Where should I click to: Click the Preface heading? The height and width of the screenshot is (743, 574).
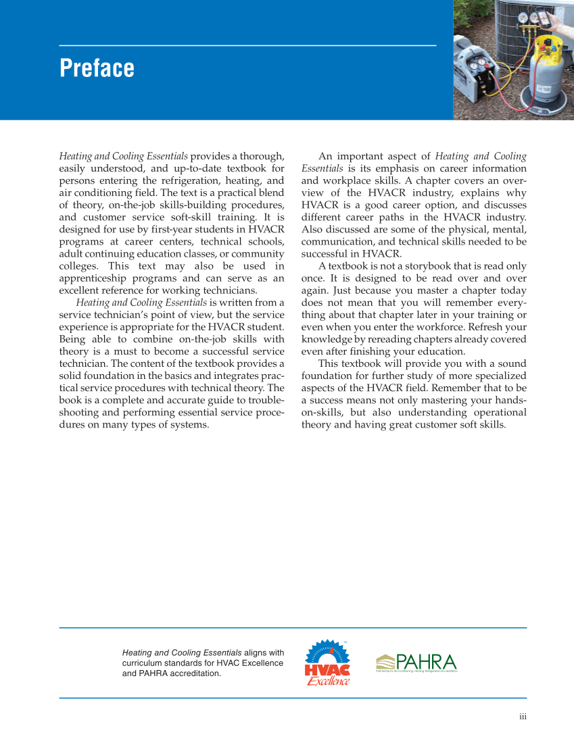97,68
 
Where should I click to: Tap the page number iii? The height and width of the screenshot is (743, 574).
523,717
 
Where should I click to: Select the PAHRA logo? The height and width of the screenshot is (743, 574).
416,663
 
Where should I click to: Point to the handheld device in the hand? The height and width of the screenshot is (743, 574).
544,18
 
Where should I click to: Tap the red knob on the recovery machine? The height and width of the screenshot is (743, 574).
487,66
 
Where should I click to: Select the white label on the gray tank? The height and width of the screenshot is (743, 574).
544,88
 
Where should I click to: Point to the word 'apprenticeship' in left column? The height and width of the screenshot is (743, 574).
93,278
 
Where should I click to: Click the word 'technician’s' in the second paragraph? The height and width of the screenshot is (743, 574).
127,314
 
